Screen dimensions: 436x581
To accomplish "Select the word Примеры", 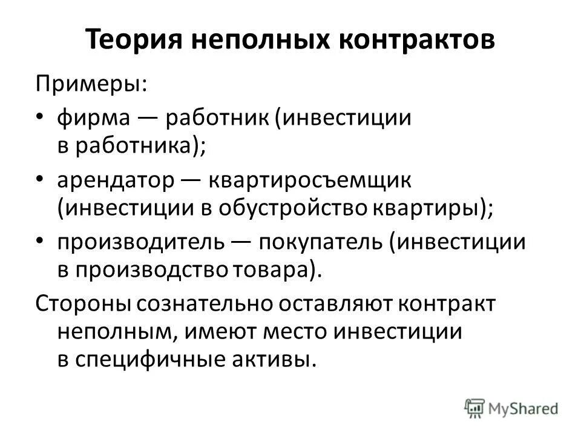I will [x=90, y=84].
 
